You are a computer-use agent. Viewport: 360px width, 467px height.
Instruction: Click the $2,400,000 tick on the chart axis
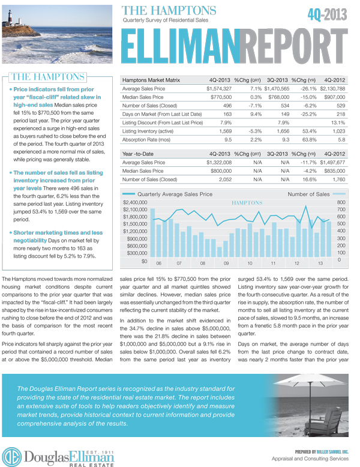click(x=134, y=202)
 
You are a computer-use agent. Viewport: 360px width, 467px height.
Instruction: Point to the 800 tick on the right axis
click(x=341, y=202)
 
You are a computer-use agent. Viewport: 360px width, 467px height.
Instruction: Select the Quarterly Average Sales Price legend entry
click(x=175, y=194)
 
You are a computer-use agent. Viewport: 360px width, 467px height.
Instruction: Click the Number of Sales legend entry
click(x=308, y=194)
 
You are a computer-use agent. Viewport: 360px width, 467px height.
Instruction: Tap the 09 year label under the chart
click(x=226, y=263)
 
